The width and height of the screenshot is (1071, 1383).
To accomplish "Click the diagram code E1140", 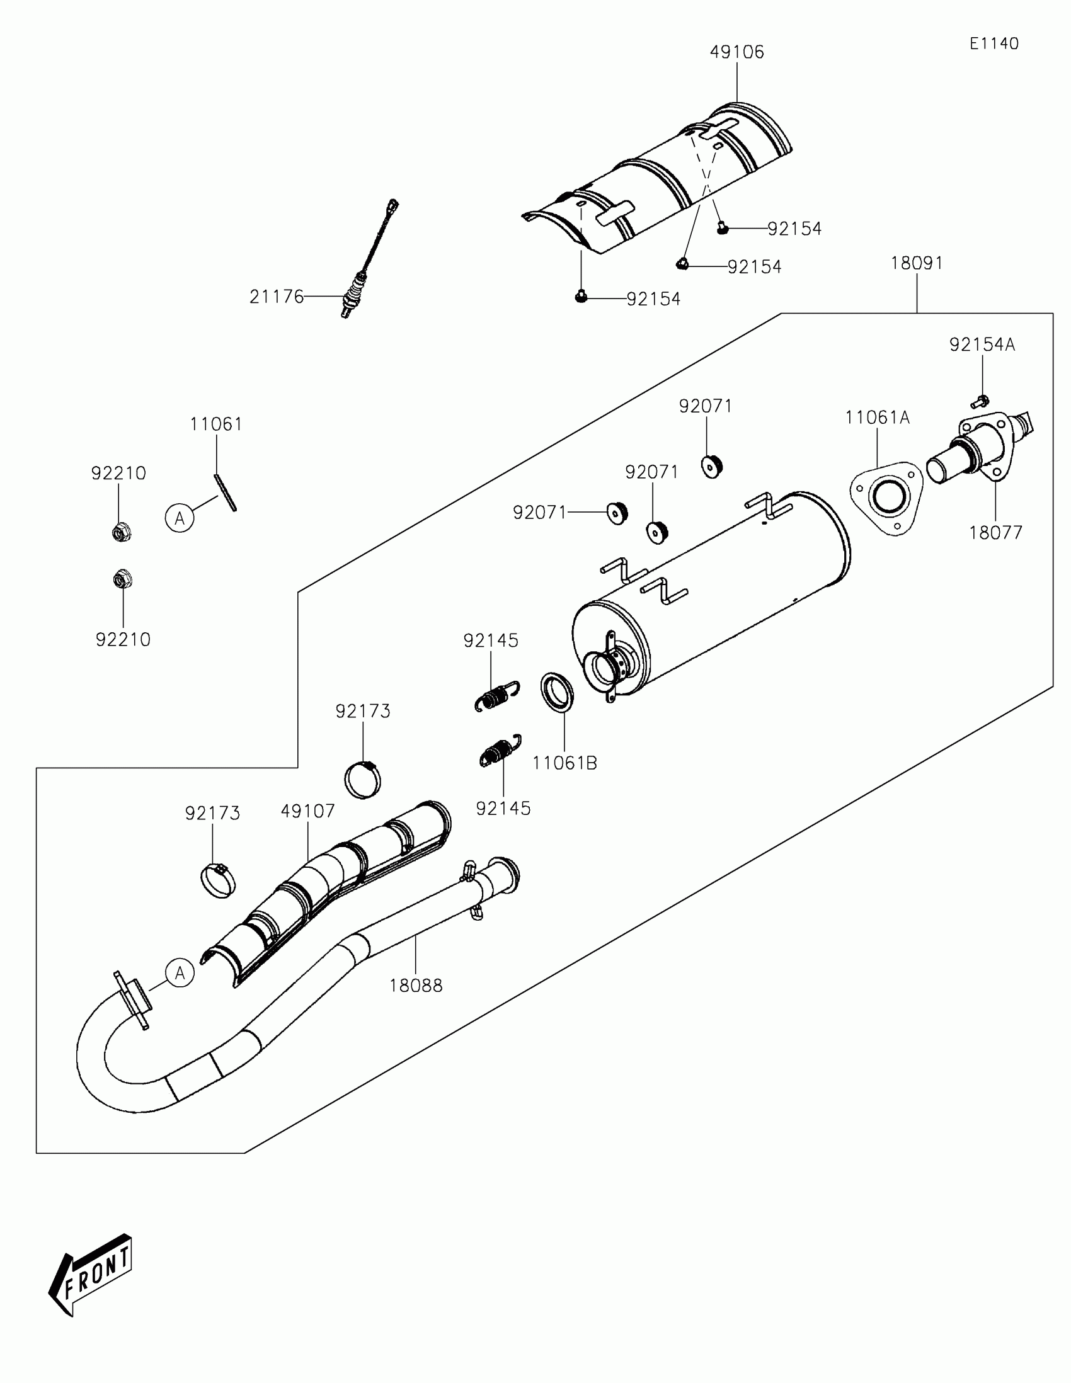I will pos(994,43).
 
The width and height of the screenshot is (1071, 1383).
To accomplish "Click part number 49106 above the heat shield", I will pos(736,52).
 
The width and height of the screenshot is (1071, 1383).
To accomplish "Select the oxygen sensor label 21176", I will pos(277,297).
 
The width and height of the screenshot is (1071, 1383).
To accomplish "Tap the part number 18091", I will pos(917,263).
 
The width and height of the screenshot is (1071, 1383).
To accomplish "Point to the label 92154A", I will pos(982,344).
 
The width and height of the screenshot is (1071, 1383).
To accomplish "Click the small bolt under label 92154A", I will pos(979,401).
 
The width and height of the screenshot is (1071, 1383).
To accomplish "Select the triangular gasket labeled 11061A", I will pos(885,499).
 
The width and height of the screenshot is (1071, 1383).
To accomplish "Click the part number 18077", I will pos(995,533).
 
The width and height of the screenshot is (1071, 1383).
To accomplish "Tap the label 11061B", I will pos(564,763).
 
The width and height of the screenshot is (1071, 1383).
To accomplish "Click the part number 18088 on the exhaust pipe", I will pos(415,986).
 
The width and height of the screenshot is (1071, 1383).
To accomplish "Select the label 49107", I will pos(308,811).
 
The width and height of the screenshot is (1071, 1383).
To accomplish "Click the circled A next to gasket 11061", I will pos(180,518).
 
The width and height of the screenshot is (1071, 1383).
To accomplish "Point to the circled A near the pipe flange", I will pos(180,972).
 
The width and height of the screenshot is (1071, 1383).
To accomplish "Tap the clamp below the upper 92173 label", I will pos(363,780).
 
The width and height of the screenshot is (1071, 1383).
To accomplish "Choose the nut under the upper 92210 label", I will pos(120,532).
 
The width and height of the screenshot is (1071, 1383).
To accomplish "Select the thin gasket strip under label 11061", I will pos(226,492).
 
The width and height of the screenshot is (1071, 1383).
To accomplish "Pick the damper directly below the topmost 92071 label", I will pos(712,467).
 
